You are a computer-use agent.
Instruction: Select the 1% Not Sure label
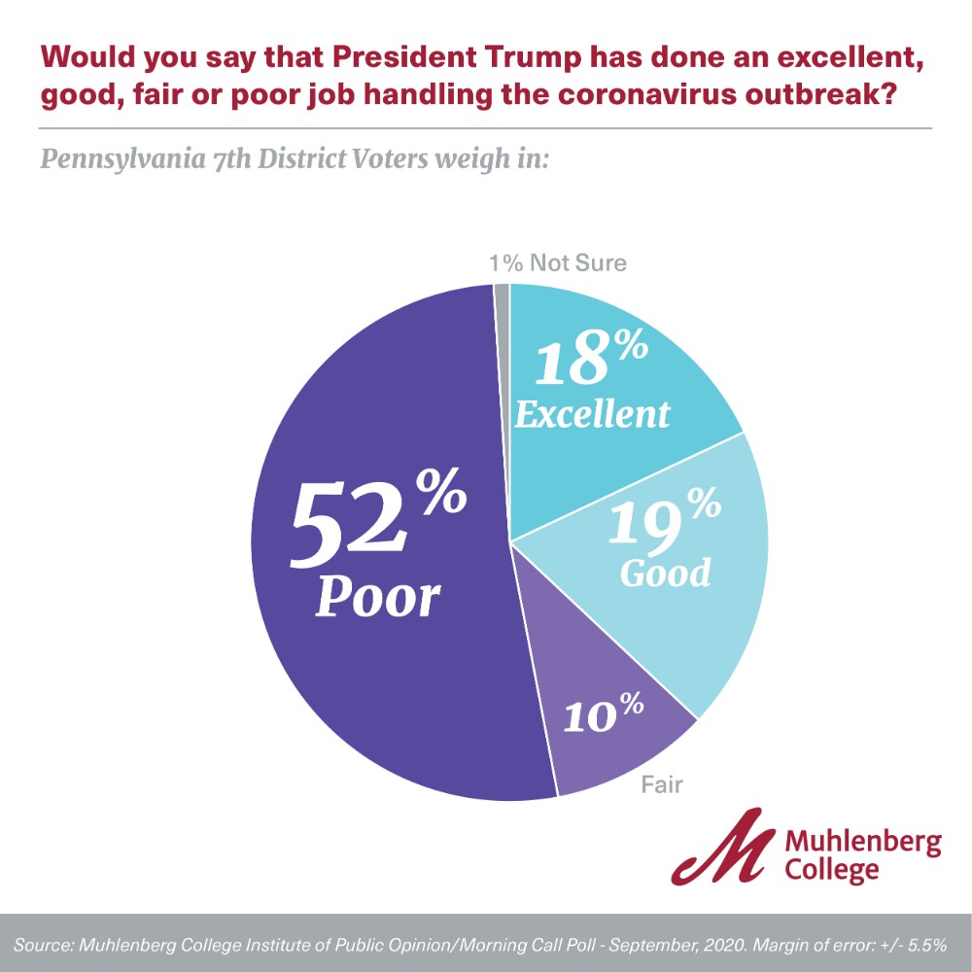(557, 262)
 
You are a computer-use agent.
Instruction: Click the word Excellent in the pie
(592, 415)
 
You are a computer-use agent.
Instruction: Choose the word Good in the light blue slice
(665, 573)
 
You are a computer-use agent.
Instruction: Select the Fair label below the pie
(661, 784)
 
